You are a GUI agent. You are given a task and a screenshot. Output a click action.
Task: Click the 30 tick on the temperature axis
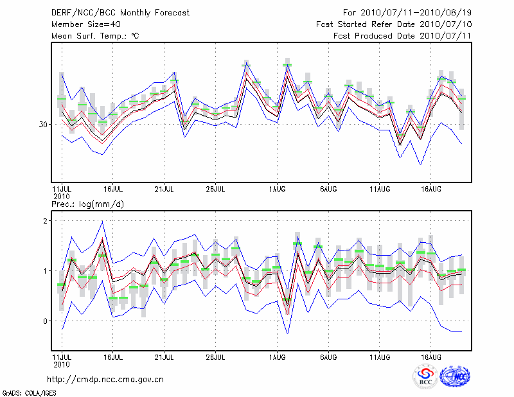point(43,124)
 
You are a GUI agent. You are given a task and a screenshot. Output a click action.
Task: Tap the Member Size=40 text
point(85,24)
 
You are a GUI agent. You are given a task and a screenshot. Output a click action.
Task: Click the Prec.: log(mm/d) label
point(87,204)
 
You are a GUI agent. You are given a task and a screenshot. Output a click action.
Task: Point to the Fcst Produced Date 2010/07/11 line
point(402,36)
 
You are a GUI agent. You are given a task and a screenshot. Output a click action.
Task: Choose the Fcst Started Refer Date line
point(394,24)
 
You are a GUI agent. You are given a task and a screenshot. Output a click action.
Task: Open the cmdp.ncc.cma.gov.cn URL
point(106,379)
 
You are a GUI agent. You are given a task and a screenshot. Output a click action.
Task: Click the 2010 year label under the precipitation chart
point(62,363)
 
